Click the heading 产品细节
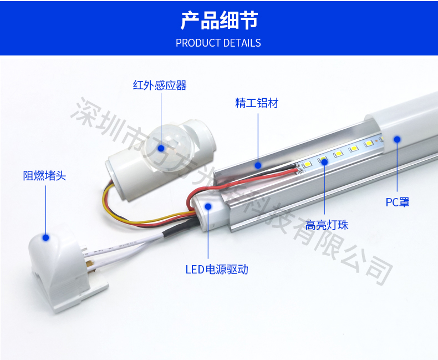[x=219, y=20]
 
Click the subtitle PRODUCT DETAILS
[x=218, y=43]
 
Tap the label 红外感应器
[x=160, y=85]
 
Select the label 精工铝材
[x=257, y=103]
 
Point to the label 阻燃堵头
[x=44, y=176]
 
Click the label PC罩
[x=397, y=202]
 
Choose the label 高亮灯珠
[x=327, y=225]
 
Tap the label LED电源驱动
[x=217, y=270]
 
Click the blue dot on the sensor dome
[x=161, y=148]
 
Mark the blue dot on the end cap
[x=46, y=237]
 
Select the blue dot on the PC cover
[x=397, y=139]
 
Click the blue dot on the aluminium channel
[x=258, y=165]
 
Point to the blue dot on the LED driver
[x=208, y=206]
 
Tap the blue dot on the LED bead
[x=324, y=161]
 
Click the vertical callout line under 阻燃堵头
[x=46, y=210]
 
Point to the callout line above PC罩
[x=397, y=167]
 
